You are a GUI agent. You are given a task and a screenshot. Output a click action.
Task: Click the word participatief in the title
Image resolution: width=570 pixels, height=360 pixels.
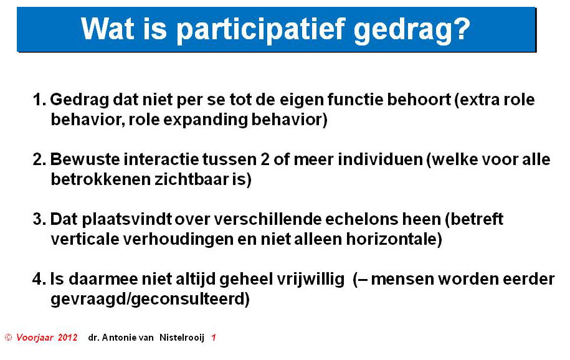click(260, 29)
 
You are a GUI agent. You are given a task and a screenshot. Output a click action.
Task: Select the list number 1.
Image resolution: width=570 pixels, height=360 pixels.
click(39, 100)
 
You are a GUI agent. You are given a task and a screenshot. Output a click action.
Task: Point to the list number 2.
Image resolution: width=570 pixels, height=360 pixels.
click(39, 159)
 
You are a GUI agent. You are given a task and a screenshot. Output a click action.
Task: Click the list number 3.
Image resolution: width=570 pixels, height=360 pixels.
click(39, 219)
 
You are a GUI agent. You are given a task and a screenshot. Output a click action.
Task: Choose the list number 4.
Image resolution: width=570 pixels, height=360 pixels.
click(39, 279)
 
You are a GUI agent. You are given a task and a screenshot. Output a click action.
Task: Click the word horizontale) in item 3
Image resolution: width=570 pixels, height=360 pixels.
click(394, 239)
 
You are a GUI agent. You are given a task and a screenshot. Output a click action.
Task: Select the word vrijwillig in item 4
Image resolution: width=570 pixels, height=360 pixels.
click(310, 279)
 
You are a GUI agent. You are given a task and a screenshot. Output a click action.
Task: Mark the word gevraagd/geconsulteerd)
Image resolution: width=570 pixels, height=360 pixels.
click(150, 299)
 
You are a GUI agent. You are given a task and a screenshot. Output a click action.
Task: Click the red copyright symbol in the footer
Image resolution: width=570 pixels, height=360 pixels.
click(8, 338)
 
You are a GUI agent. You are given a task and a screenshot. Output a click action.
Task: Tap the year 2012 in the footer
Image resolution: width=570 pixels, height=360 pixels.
click(68, 338)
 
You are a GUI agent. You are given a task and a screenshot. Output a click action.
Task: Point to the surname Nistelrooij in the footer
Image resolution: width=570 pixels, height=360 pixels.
click(182, 338)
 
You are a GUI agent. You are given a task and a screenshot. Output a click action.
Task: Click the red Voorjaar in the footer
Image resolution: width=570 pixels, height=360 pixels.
click(34, 338)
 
